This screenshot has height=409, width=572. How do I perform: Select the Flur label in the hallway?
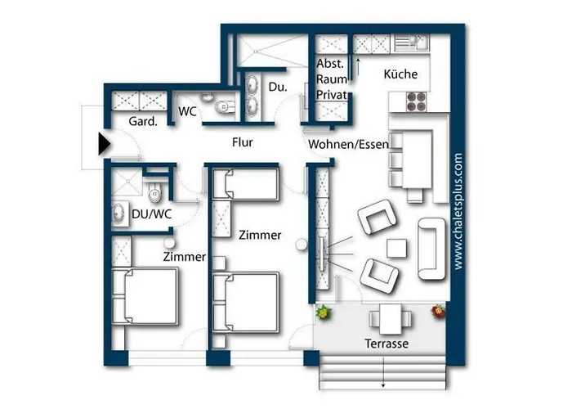point(242,143)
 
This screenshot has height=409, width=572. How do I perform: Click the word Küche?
point(400,74)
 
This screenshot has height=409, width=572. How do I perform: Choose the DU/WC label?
point(150,214)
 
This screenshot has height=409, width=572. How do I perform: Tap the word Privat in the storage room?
point(333,96)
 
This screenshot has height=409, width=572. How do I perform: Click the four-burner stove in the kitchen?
point(418,101)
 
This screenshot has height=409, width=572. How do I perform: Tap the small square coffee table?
point(397,247)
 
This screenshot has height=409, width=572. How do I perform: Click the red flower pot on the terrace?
point(440,312)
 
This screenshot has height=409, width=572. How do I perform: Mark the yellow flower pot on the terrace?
point(324,312)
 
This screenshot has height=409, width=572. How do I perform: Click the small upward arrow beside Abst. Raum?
point(356,62)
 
